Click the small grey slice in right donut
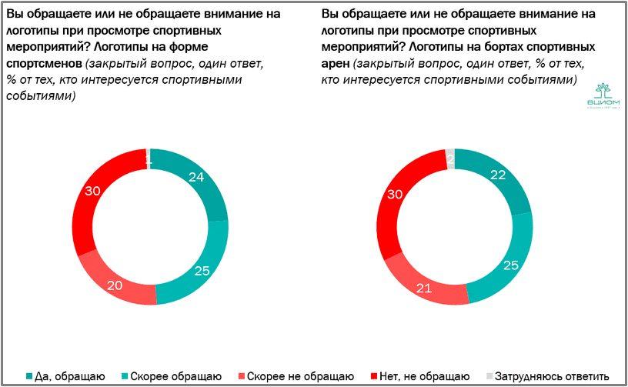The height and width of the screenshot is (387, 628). (x=450, y=158)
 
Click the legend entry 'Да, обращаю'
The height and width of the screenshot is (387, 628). (x=70, y=375)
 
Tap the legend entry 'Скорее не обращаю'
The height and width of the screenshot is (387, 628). (x=297, y=375)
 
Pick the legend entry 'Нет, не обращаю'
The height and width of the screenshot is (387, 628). (x=420, y=375)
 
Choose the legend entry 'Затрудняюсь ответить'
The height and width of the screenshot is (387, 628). (x=551, y=375)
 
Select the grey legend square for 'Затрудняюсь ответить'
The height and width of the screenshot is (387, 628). (x=486, y=375)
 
